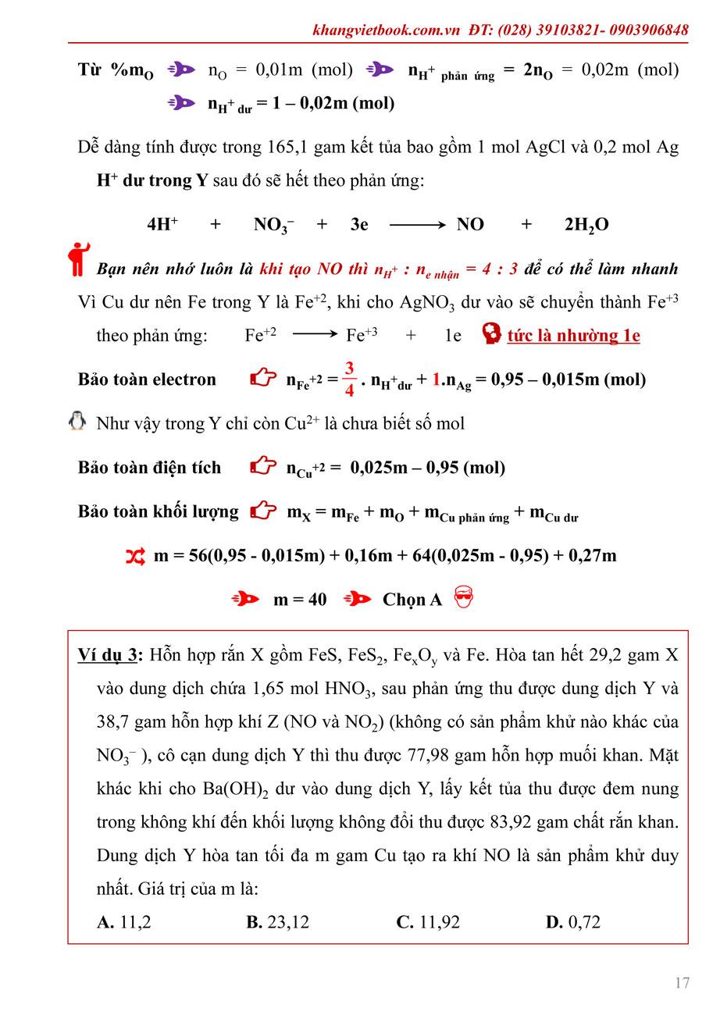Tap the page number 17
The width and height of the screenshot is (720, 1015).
click(x=682, y=982)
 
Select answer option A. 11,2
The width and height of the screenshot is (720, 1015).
click(x=124, y=922)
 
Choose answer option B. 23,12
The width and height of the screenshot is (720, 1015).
click(x=277, y=922)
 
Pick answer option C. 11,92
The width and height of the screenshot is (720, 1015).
click(x=428, y=922)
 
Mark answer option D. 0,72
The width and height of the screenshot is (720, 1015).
click(x=572, y=922)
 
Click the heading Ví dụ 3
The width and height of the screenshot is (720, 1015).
click(x=109, y=654)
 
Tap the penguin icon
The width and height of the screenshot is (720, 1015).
click(x=77, y=422)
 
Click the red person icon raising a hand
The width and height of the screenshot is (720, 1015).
click(x=78, y=258)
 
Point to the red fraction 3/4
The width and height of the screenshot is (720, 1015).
click(x=349, y=379)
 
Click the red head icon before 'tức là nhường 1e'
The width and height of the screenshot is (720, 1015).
click(x=492, y=335)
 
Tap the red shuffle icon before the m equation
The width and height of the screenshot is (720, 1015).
click(x=135, y=556)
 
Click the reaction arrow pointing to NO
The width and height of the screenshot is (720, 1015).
click(x=418, y=225)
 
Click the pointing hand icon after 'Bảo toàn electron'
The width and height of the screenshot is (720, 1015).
click(x=263, y=379)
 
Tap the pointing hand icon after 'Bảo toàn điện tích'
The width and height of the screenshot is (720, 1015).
click(x=263, y=467)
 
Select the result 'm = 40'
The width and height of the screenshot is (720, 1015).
click(x=300, y=600)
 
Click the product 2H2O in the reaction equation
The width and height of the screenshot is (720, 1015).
click(x=586, y=225)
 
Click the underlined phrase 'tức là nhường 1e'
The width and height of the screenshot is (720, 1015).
click(x=573, y=336)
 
